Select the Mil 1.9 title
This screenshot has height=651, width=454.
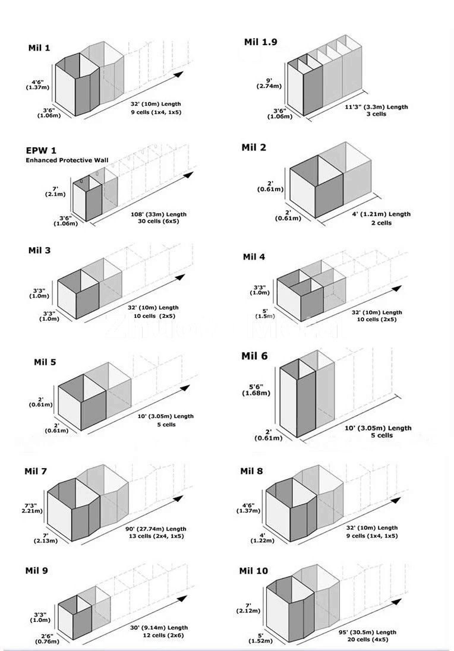(260, 42)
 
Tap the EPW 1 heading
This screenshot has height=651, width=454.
(42, 151)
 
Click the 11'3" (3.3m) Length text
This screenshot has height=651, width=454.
(377, 107)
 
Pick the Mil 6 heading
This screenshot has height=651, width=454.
(254, 356)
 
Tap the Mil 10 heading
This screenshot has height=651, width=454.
(254, 571)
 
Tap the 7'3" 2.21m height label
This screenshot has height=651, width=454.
(32, 507)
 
